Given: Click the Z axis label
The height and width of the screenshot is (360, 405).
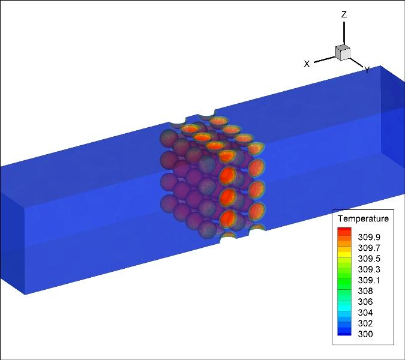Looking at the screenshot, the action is [x=344, y=14].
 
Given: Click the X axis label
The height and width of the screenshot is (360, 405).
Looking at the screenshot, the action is [x=307, y=64].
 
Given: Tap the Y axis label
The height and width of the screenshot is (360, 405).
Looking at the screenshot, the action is [x=367, y=70].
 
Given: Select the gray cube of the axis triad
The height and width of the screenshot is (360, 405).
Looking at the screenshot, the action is [x=343, y=52].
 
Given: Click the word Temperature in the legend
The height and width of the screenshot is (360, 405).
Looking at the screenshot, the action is [x=363, y=219].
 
